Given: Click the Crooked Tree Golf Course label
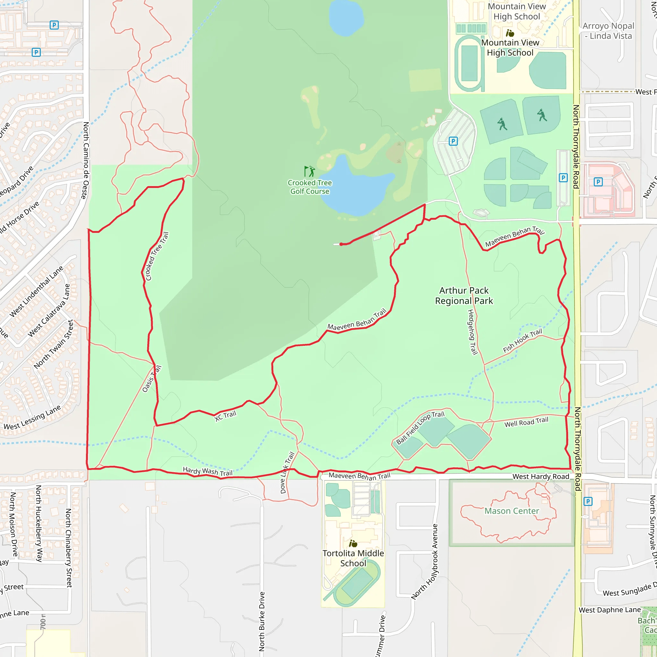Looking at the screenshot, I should tap(310, 187).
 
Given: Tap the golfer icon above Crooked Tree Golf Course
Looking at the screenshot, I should tap(310, 171).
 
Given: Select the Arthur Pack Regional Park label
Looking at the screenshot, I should tap(464, 295).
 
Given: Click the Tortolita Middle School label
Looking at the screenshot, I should tap(353, 558).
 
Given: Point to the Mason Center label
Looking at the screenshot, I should tap(511, 511).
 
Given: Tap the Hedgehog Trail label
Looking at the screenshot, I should tap(472, 332).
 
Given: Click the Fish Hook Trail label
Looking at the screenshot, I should tap(522, 340).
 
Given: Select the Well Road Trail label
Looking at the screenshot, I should tap(526, 422).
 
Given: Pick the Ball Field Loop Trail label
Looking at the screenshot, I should tap(420, 427).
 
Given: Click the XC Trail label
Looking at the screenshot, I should tap(226, 415).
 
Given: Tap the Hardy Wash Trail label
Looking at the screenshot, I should tap(208, 471).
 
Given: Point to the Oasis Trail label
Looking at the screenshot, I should tap(152, 379).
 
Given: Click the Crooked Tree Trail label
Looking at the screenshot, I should tap(157, 256).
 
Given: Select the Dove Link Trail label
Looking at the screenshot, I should tap(287, 473).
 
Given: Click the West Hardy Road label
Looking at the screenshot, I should tap(541, 476).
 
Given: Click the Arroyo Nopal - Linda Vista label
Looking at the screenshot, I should tap(608, 31).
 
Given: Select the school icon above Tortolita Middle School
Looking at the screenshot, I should tap(353, 543).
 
